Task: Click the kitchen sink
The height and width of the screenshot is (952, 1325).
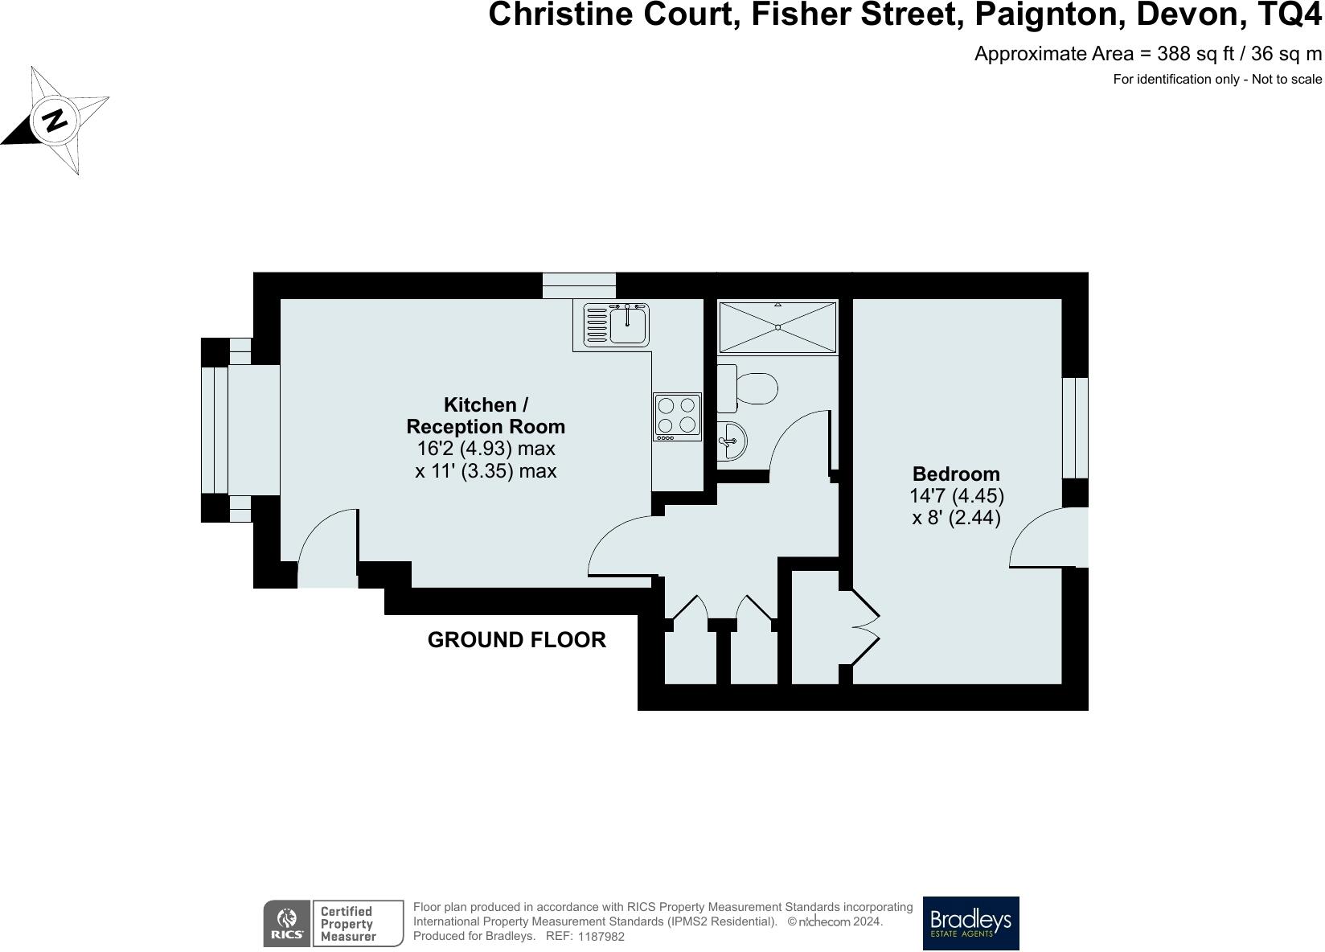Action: click(x=628, y=325)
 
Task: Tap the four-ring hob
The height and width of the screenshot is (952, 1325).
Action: click(x=676, y=416)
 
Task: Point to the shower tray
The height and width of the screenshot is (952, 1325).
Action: click(x=777, y=327)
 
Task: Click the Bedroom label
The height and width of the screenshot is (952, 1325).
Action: click(x=956, y=474)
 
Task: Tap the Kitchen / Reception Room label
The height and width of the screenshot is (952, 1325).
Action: click(x=486, y=416)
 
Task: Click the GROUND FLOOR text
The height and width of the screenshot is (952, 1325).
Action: click(x=516, y=640)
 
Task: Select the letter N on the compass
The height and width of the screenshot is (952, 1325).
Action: click(x=55, y=121)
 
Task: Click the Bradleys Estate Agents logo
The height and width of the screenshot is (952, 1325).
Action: click(x=970, y=923)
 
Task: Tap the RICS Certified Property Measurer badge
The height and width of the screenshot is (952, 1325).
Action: click(x=333, y=923)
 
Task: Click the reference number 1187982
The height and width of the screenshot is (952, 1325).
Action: click(x=601, y=937)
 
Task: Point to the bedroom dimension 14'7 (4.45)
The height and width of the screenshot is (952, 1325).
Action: click(x=956, y=496)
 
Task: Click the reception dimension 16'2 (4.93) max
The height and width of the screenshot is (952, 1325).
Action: click(x=486, y=449)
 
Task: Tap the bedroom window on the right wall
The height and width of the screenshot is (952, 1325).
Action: click(x=1075, y=428)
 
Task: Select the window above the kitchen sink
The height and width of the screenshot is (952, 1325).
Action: click(x=579, y=285)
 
